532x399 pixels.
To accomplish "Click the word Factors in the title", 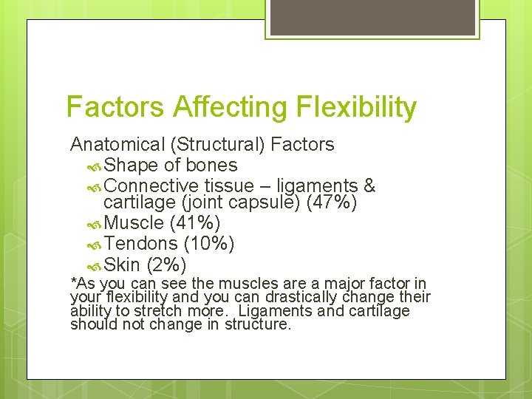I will click(115, 107).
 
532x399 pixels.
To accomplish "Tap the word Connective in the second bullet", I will click(151, 185).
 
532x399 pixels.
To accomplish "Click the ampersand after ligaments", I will click(370, 185).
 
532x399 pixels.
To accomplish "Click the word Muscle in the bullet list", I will click(134, 222).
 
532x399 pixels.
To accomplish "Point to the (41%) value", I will click(195, 222).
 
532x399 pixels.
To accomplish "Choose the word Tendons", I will click(140, 243).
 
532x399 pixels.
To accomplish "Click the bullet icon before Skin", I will click(94, 265).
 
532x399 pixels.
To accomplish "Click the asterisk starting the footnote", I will click(73, 282).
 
